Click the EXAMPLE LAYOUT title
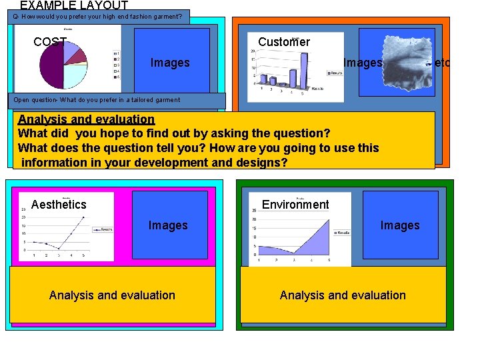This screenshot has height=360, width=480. pyautogui.click(x=73, y=5)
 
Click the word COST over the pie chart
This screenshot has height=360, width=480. pyautogui.click(x=49, y=42)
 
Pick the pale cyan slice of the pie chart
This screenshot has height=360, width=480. pyautogui.click(x=71, y=77)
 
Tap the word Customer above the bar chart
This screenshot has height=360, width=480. pyautogui.click(x=284, y=42)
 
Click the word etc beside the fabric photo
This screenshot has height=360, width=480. pyautogui.click(x=442, y=63)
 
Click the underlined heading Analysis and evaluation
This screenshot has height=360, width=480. pyautogui.click(x=86, y=119)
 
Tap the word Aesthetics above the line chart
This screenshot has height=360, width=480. pyautogui.click(x=59, y=205)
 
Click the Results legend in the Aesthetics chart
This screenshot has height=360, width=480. pyautogui.click(x=103, y=229)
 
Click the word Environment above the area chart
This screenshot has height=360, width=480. pyautogui.click(x=295, y=205)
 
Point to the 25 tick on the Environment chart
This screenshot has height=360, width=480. pyautogui.click(x=254, y=210)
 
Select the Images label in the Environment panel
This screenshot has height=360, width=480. pyautogui.click(x=400, y=225)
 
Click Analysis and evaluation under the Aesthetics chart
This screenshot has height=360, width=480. pyautogui.click(x=112, y=295)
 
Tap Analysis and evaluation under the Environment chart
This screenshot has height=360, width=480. pyautogui.click(x=343, y=295)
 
